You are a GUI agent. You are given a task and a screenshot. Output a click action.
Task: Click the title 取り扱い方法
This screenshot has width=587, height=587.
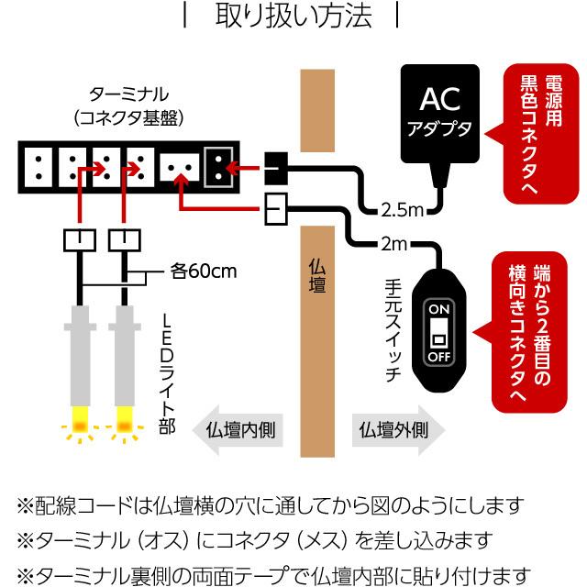click(293, 17)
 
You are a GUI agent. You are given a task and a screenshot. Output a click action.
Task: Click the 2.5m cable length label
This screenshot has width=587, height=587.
click(401, 210)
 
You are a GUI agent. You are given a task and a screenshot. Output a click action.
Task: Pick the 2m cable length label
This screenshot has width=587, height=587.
click(396, 244)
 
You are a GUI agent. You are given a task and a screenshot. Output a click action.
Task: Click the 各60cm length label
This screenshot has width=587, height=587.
click(204, 271)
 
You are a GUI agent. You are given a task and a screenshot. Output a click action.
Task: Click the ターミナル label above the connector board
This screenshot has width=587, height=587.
click(128, 94)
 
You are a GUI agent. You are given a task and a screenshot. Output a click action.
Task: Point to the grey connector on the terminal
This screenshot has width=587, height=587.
click(218, 166)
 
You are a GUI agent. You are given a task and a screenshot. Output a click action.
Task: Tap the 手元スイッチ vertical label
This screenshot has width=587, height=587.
click(393, 334)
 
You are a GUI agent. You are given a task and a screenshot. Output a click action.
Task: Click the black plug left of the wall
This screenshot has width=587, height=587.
click(276, 167)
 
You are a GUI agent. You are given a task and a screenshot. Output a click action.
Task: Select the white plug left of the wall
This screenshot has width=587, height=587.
click(276, 210)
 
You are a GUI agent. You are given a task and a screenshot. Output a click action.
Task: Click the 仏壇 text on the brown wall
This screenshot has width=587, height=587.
click(317, 274)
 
